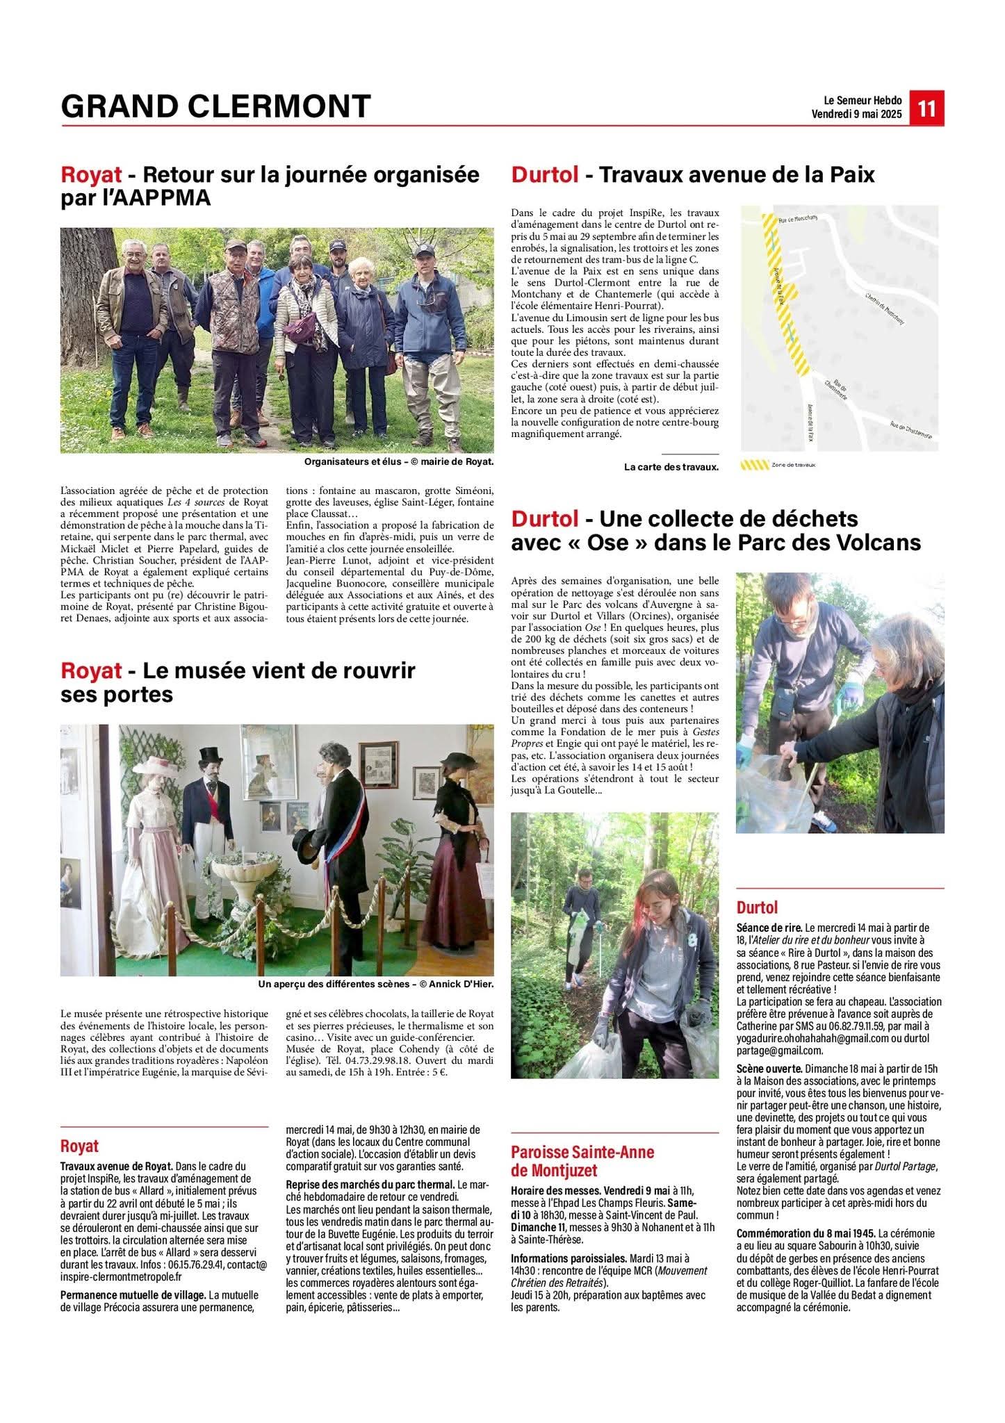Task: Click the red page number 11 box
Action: click(926, 109)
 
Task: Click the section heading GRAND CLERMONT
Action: click(215, 106)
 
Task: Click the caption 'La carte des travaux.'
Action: click(671, 467)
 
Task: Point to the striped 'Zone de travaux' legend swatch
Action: click(754, 465)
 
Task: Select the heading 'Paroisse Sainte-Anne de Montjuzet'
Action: click(582, 1161)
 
